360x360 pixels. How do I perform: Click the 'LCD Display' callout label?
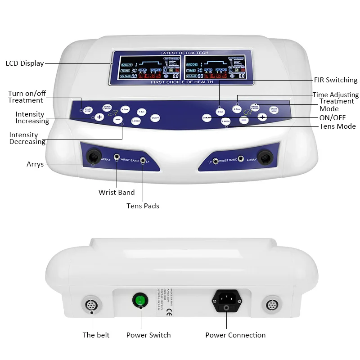(x=25, y=63)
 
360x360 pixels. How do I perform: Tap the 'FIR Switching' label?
(x=335, y=80)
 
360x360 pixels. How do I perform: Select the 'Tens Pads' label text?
(x=143, y=206)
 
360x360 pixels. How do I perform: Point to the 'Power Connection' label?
(x=235, y=335)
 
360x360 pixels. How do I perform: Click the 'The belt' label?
(x=96, y=335)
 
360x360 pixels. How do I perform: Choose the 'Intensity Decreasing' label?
(x=27, y=139)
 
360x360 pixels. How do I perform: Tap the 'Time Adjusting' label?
(x=336, y=95)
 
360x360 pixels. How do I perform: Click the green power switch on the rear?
(x=139, y=300)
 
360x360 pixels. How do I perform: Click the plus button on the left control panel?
(x=99, y=117)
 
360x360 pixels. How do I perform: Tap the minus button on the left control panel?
(x=117, y=120)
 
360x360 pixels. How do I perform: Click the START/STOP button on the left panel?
(x=88, y=110)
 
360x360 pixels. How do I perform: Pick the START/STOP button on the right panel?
(x=273, y=110)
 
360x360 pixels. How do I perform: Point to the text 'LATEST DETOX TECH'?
(x=183, y=53)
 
